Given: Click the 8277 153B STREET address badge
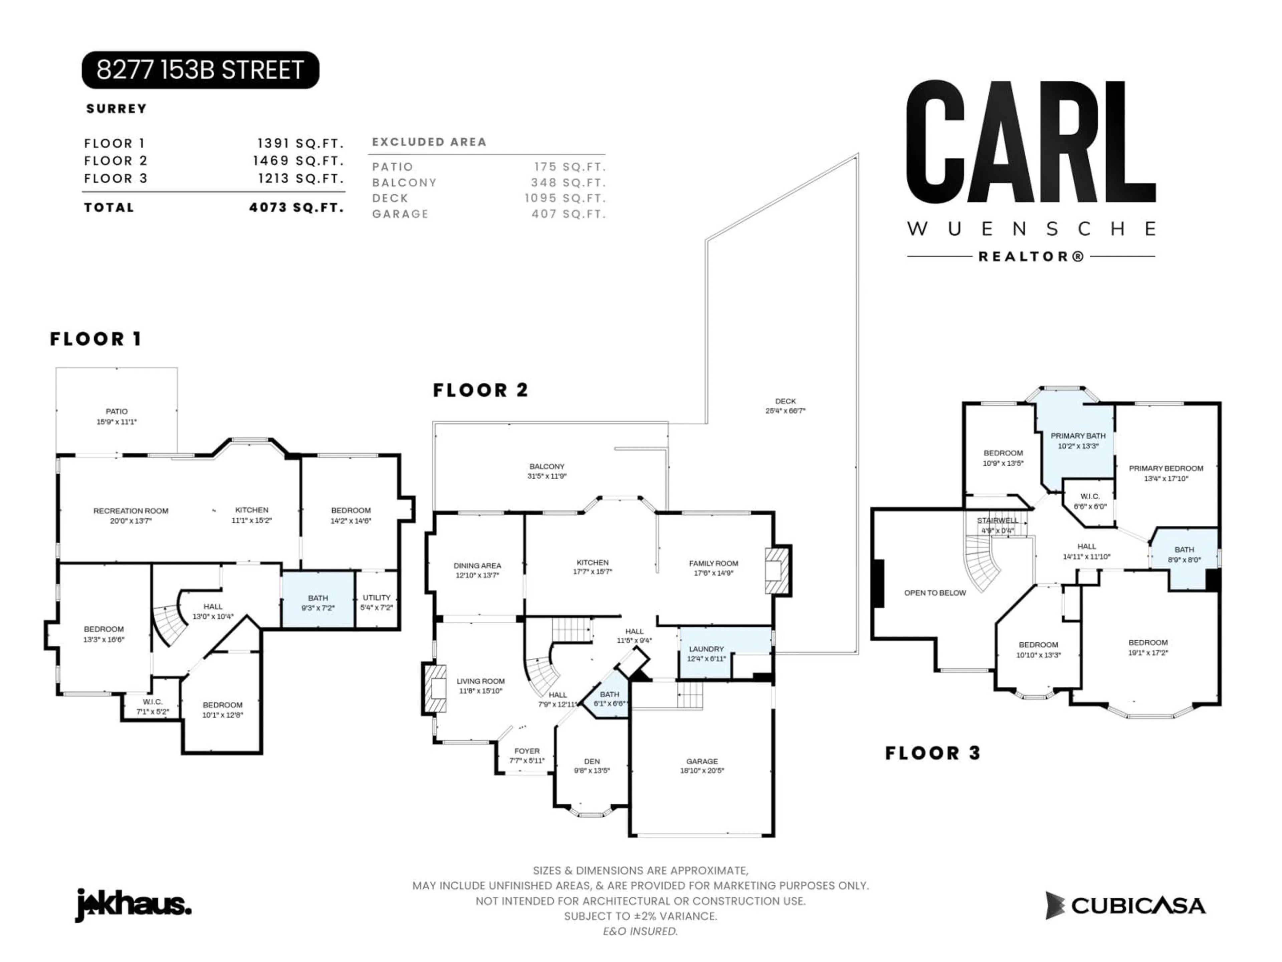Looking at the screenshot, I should [x=200, y=70].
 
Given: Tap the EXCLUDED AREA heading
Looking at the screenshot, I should [x=429, y=142].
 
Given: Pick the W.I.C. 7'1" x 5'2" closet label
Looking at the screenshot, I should [x=153, y=706].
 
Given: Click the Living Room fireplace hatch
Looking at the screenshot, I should [x=435, y=688].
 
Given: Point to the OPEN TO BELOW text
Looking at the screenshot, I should [x=935, y=593].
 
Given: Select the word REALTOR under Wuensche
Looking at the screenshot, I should [x=1031, y=256].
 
